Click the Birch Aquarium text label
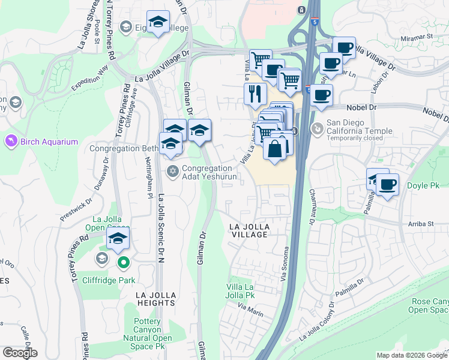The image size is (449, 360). pyautogui.click(x=49, y=142)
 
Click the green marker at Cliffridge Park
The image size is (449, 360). pyautogui.click(x=124, y=262)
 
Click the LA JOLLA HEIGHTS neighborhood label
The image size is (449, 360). pyautogui.click(x=155, y=299)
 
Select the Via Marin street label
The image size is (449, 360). pyautogui.click(x=250, y=307)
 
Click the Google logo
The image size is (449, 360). pyautogui.click(x=20, y=353)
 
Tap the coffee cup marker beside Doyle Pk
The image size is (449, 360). pyautogui.click(x=388, y=185)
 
